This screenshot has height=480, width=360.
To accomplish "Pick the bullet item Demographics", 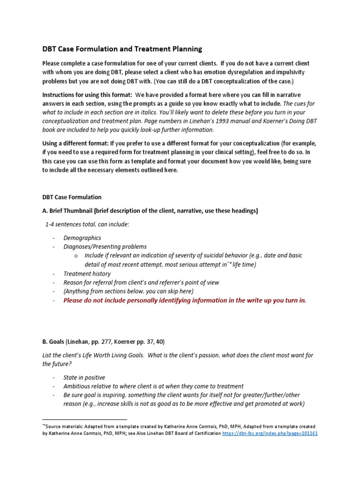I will [82, 238].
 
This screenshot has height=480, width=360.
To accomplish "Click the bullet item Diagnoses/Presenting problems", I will [105, 247].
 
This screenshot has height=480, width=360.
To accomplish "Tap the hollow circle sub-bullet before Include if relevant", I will [76, 256].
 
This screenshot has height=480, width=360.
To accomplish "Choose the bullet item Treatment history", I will [87, 274].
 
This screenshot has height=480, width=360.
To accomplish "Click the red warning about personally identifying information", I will [185, 300].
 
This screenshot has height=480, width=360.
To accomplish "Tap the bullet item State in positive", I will [84, 377].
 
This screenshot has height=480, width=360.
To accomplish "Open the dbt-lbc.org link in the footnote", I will [283, 434].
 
